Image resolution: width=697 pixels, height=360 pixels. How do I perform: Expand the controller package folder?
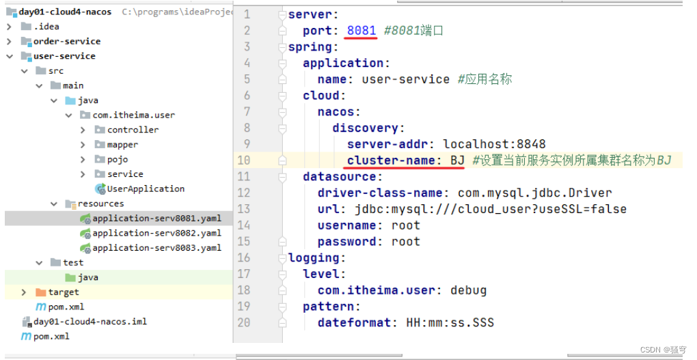pos(83,130)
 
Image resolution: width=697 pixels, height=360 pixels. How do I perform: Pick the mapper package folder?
pos(122,144)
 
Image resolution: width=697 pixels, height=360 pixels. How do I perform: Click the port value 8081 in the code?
pos(361,31)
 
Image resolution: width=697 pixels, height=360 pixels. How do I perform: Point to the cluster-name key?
pos(391,160)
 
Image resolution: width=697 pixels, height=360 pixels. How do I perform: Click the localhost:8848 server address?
pos(494,144)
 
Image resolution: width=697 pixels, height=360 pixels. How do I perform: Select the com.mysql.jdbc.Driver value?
pos(535,193)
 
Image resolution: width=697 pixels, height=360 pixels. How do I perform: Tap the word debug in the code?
pos(469,291)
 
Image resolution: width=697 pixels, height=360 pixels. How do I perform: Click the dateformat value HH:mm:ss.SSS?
pos(450,322)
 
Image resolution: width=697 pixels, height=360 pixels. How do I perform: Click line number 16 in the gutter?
pos(243,258)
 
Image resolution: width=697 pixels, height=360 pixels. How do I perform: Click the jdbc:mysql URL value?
pos(491,209)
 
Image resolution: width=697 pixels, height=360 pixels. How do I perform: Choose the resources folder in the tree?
pos(101,204)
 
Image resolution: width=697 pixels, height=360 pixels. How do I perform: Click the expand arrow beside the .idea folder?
pos(9,27)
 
